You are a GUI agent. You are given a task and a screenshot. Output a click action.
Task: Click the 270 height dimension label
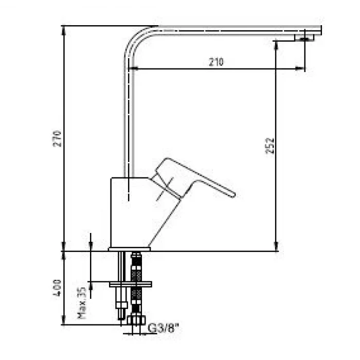(x=58, y=139)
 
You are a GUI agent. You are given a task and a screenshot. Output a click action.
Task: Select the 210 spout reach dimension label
(x=216, y=62)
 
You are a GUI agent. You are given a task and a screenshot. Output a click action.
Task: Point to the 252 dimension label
(x=270, y=146)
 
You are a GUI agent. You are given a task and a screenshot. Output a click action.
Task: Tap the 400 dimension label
(x=57, y=288)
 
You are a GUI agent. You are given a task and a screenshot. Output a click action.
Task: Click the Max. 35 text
(x=82, y=303)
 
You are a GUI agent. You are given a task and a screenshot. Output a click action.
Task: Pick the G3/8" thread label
(x=163, y=328)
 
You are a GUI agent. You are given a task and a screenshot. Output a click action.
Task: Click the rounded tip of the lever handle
(x=233, y=195)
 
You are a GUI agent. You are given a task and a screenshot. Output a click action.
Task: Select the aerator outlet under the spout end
(x=304, y=38)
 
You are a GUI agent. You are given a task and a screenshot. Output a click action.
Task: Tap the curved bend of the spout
(x=133, y=39)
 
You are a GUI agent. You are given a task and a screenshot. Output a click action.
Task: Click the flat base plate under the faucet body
(x=129, y=249)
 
